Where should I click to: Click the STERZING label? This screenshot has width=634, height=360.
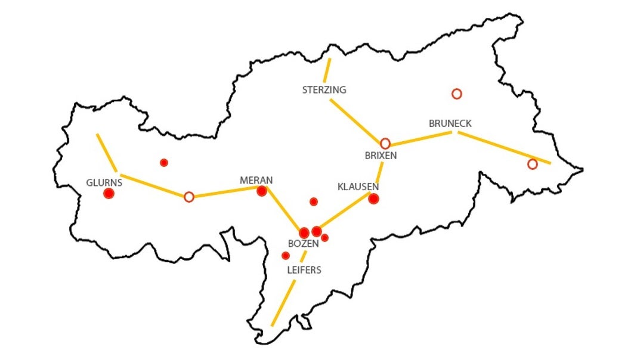point(324,90)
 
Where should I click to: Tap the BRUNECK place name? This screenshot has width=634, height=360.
point(450,123)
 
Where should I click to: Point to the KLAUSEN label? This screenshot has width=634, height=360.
point(358,187)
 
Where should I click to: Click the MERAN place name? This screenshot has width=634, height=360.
point(256,180)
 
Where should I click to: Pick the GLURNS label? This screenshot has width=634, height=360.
point(104,182)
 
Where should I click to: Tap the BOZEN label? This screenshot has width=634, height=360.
point(303,244)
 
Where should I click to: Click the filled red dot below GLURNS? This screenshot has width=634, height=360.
point(109,193)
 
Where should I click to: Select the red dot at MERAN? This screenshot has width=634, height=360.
point(261,191)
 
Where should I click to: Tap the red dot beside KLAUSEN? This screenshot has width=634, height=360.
point(373,198)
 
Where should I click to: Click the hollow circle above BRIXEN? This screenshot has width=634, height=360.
point(385,144)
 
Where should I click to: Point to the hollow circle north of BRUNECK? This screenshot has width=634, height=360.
point(457,94)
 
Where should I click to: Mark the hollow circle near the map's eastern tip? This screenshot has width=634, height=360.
point(533,164)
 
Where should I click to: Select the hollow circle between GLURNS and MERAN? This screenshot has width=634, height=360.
point(189,197)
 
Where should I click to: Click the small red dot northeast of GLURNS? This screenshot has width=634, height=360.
point(164,163)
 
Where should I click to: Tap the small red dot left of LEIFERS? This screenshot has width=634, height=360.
point(286,256)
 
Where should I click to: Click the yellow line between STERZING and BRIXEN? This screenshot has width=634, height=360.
point(355,121)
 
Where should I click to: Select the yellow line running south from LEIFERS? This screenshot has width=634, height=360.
point(284,302)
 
